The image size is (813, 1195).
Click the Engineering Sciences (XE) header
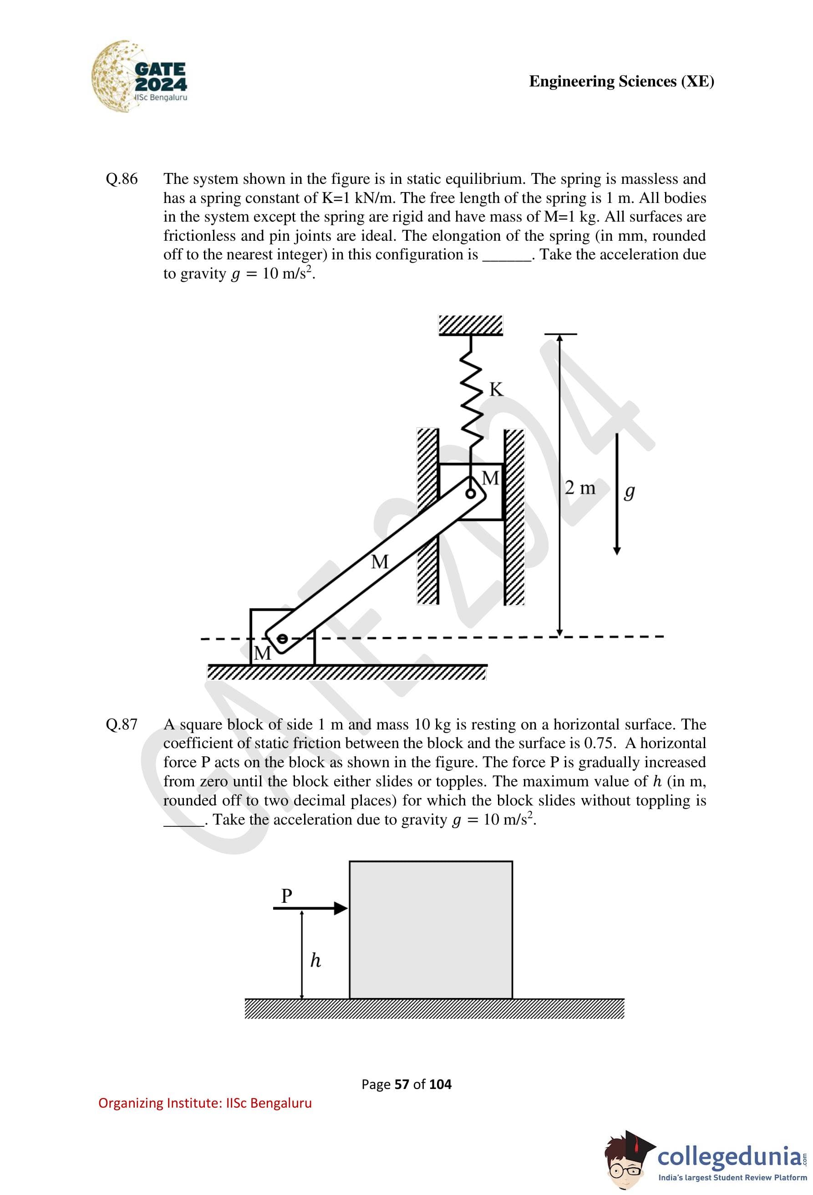[621, 81]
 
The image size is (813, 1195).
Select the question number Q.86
[122, 179]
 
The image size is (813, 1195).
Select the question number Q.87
[122, 724]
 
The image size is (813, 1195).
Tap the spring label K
[496, 389]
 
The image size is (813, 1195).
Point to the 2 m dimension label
[579, 487]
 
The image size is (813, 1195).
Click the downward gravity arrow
[617, 494]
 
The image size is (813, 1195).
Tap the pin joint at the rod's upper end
[470, 494]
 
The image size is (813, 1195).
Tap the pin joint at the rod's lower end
[282, 638]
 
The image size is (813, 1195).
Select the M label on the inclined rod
[380, 562]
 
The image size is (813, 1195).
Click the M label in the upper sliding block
[490, 478]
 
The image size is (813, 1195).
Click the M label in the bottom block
[262, 653]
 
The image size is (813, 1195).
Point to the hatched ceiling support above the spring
[471, 325]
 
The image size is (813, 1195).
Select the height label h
[315, 961]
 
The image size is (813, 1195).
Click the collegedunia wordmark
[729, 1156]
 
